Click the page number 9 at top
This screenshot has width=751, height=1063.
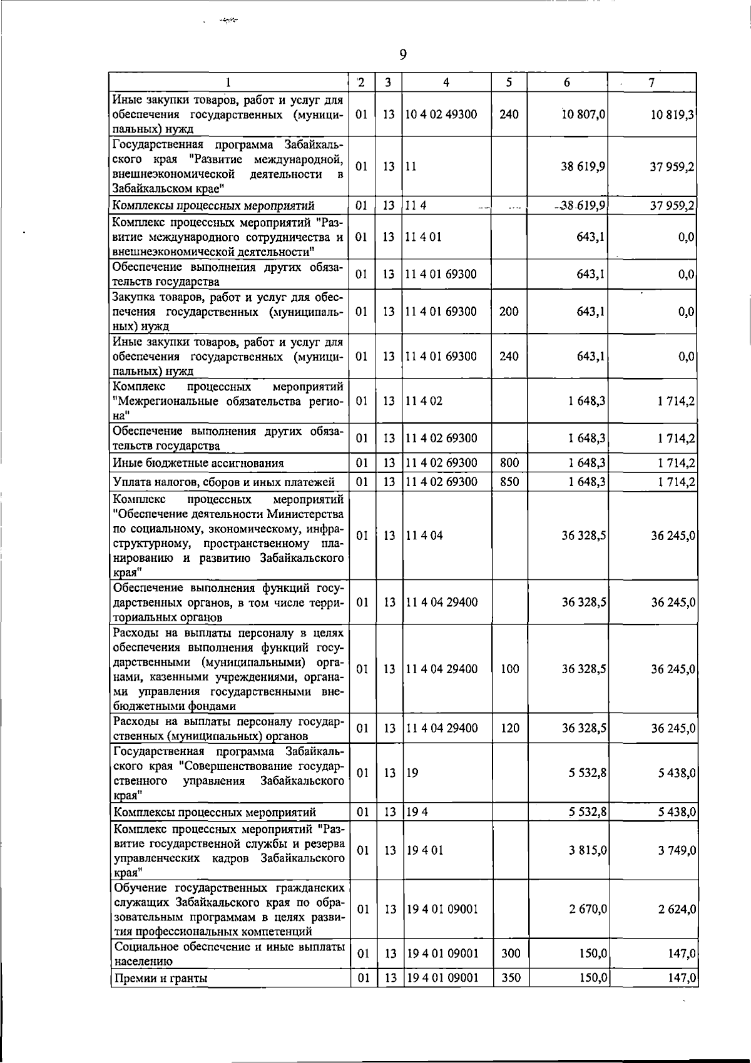[402, 55]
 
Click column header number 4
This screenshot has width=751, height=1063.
[446, 83]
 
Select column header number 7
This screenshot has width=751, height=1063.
[651, 83]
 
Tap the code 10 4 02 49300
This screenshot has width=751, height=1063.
[442, 114]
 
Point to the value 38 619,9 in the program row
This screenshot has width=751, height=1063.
[583, 166]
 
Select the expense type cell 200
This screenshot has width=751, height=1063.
[509, 312]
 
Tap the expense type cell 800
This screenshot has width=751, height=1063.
[509, 463]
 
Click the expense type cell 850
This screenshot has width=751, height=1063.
[509, 482]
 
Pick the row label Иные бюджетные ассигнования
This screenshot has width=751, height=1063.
[198, 464]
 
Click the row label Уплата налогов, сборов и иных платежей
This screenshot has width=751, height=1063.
[224, 482]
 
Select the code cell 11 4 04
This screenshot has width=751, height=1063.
[425, 536]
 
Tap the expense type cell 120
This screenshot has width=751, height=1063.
[509, 728]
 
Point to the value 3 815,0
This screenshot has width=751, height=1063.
[586, 851]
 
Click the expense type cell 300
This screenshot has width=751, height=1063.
[511, 954]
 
